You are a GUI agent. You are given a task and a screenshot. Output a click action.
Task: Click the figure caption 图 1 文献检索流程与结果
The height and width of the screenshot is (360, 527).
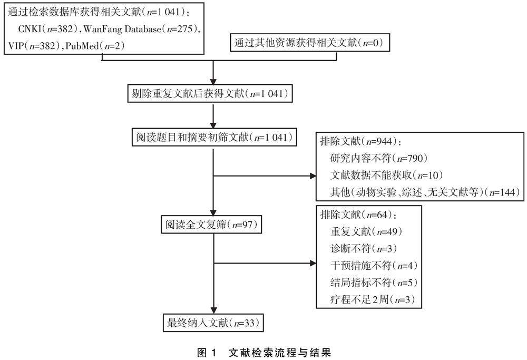[x=264, y=350]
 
